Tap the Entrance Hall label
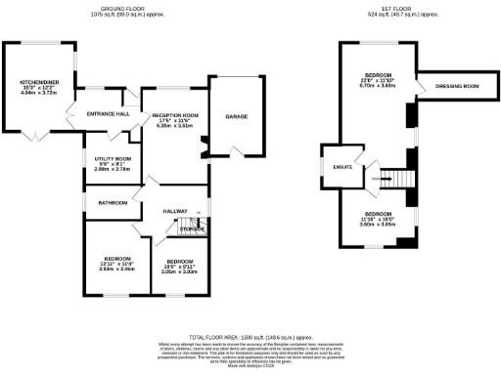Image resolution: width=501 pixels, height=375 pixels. pyautogui.click(x=110, y=114)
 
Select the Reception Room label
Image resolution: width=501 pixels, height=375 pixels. pyautogui.click(x=176, y=115)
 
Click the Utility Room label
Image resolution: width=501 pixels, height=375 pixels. pyautogui.click(x=113, y=158)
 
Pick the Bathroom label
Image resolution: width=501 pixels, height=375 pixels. pyautogui.click(x=112, y=203)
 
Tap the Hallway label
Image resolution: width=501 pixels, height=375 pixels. pyautogui.click(x=175, y=210)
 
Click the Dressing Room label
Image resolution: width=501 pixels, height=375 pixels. pyautogui.click(x=456, y=87)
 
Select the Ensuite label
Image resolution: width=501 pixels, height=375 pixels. pyautogui.click(x=342, y=167)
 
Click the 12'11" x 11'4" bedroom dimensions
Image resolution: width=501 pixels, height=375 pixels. pyautogui.click(x=115, y=265)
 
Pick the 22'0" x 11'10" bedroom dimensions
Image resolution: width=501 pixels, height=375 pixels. pyautogui.click(x=377, y=81)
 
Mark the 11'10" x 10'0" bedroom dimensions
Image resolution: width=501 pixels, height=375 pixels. pyautogui.click(x=378, y=220)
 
